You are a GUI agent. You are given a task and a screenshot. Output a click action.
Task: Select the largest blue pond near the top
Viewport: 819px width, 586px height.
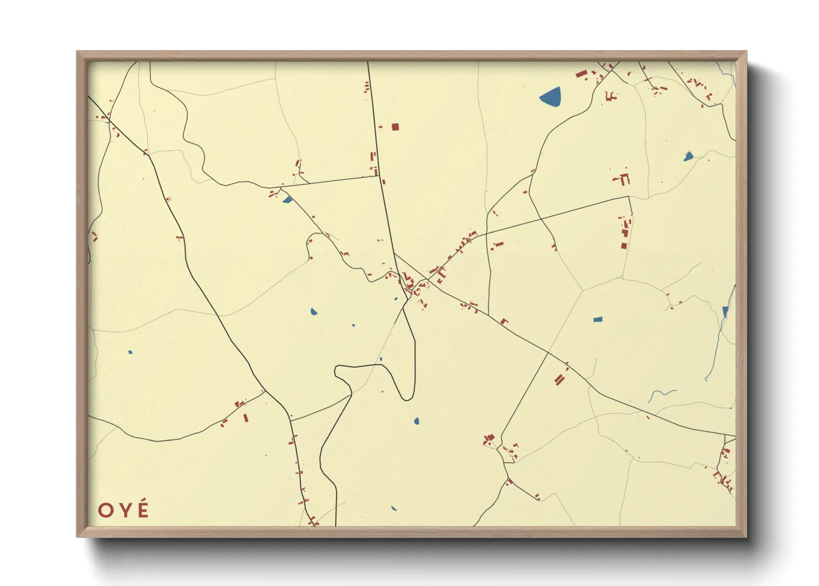(551, 97)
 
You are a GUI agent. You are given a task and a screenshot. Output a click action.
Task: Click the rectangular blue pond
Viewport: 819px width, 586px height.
(597, 320)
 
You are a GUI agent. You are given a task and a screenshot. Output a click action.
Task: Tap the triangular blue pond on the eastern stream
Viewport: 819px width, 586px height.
(725, 312)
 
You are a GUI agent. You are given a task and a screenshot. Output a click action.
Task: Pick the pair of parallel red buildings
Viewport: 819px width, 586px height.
(560, 379)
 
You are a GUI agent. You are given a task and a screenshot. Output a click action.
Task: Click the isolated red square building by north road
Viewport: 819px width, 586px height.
(395, 127)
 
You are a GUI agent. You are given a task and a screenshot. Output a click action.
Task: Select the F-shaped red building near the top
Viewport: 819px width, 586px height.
(611, 96)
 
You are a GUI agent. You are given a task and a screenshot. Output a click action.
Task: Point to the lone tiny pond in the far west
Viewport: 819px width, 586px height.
(130, 352)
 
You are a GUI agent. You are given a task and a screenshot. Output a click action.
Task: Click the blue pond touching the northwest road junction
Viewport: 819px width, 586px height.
(287, 199)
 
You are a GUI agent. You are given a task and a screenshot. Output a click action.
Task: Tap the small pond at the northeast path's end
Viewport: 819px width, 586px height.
(688, 157)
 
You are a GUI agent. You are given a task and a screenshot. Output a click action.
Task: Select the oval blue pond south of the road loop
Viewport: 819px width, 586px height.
(417, 421)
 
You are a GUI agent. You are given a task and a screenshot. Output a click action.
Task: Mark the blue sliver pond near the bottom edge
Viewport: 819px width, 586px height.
(393, 508)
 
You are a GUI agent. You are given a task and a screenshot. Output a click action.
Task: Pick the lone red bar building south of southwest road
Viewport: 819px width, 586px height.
(246, 418)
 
